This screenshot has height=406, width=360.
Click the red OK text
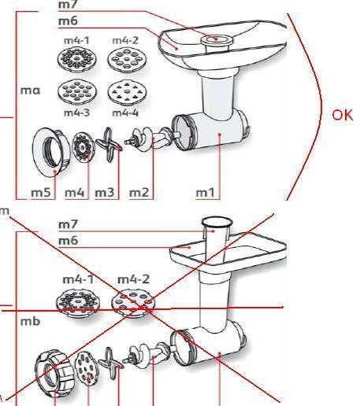pyautogui.click(x=343, y=116)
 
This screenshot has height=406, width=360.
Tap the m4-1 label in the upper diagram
pyautogui.click(x=76, y=40)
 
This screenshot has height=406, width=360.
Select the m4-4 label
pyautogui.click(x=125, y=113)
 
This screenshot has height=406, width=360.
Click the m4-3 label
pyautogui.click(x=77, y=113)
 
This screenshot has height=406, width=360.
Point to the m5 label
pyautogui.click(x=41, y=193)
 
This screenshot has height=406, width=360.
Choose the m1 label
pyautogui.click(x=205, y=193)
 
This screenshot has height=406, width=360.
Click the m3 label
pyautogui.click(x=105, y=193)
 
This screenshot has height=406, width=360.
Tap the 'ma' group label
pyautogui.click(x=31, y=90)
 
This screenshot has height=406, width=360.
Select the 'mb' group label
pyautogui.click(x=30, y=321)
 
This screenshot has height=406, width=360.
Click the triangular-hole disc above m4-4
pyautogui.click(x=127, y=92)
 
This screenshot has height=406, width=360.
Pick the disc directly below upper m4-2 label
pyautogui.click(x=127, y=59)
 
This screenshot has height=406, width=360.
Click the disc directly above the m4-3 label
pyautogui.click(x=77, y=91)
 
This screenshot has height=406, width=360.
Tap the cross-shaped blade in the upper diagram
pyautogui.click(x=109, y=144)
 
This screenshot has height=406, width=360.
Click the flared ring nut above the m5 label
pyautogui.click(x=51, y=152)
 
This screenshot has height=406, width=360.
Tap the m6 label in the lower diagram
pyautogui.click(x=68, y=241)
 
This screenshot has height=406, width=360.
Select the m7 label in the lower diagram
pyautogui.click(x=68, y=224)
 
